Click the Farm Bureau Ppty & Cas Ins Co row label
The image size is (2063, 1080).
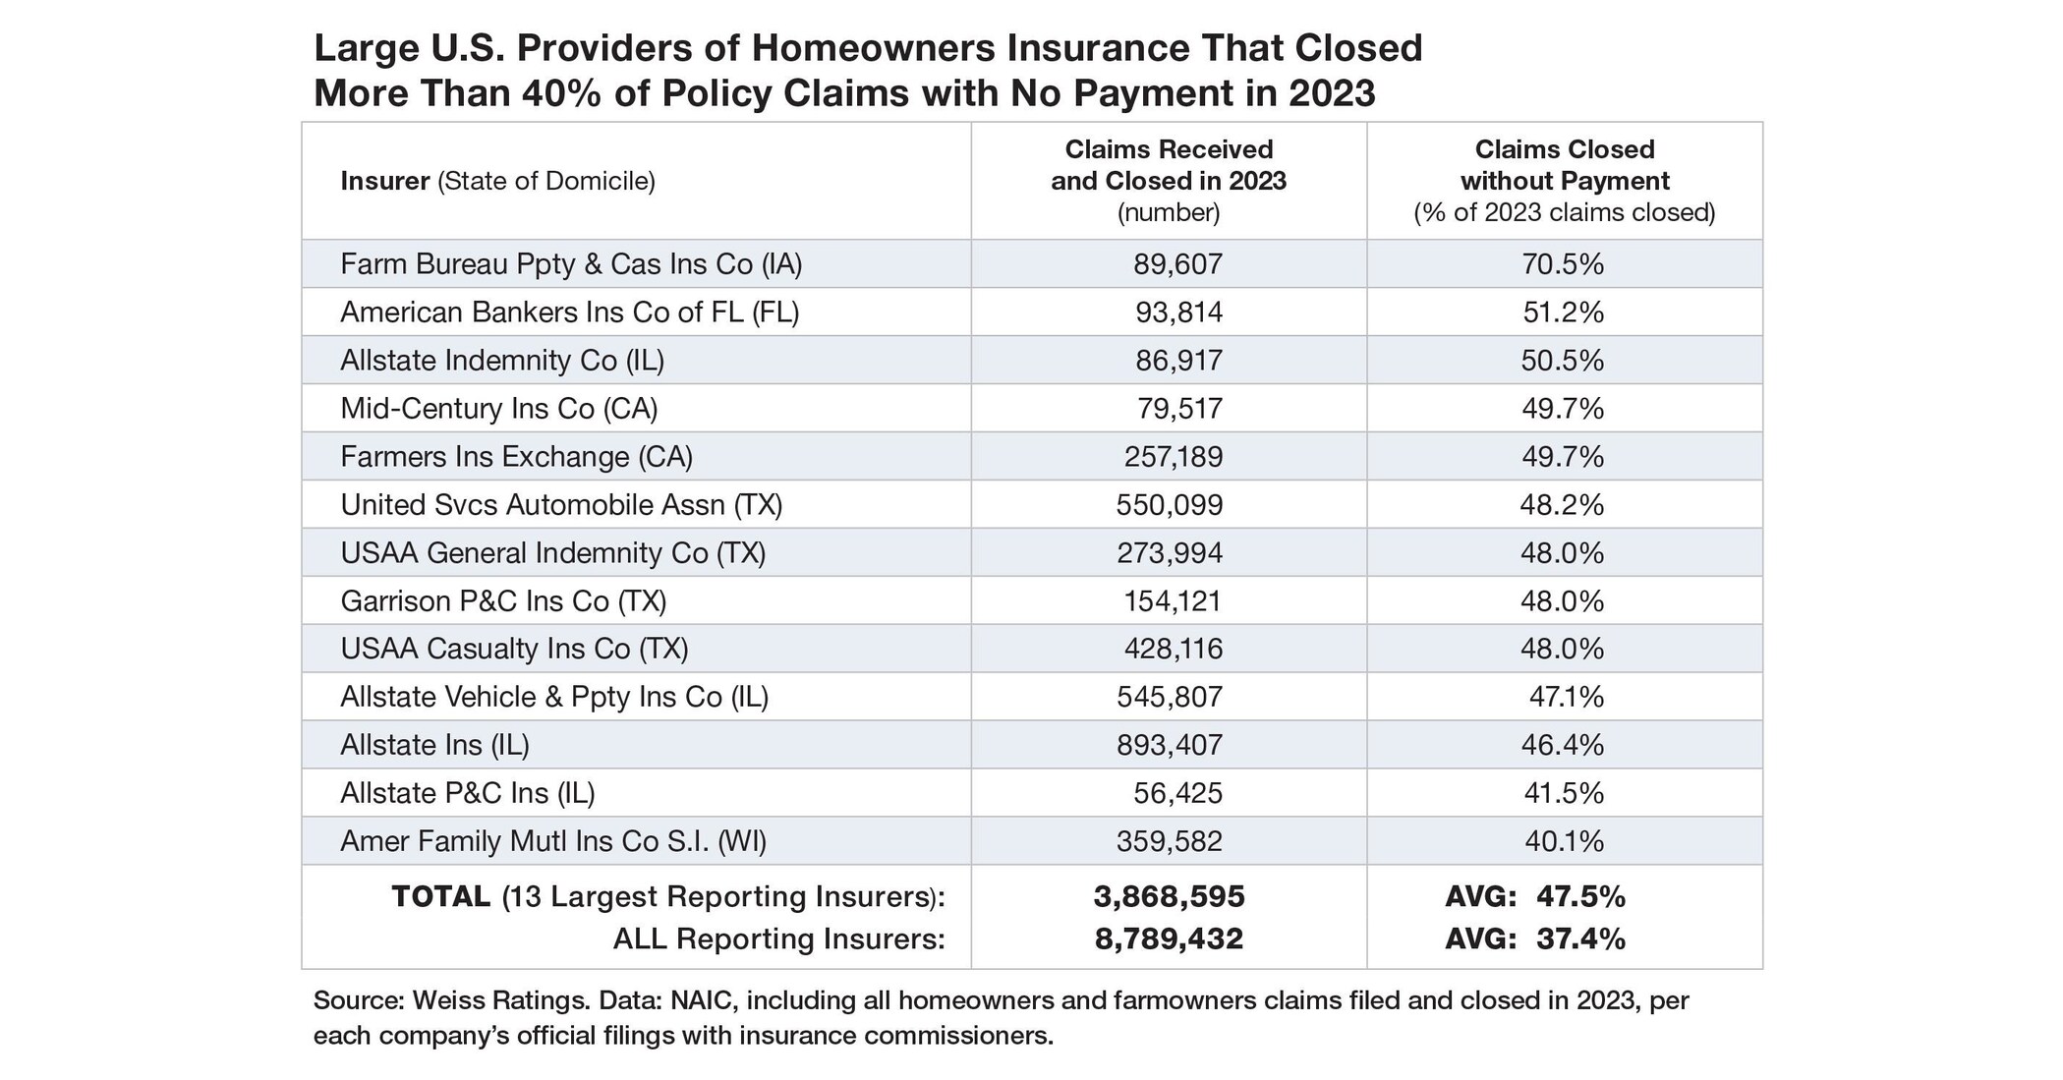pos(571,264)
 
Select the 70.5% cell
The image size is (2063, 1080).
pos(1563,264)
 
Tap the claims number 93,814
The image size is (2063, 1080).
pos(1178,313)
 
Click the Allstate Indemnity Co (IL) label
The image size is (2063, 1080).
pos(502,361)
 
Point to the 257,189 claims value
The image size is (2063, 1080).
pos(1174,457)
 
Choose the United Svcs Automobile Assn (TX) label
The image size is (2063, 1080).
pos(561,505)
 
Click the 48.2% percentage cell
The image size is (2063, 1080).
pos(1562,505)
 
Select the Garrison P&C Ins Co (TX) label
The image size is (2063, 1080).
pos(503,601)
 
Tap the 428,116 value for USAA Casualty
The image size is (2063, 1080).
pos(1174,650)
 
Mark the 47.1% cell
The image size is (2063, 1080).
pos(1566,698)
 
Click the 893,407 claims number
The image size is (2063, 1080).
pos(1170,746)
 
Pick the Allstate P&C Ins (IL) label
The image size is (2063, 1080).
pos(468,794)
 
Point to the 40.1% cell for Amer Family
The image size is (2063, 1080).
pos(1564,842)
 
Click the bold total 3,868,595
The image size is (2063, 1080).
pos(1169,897)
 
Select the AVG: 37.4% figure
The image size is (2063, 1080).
pos(1535,939)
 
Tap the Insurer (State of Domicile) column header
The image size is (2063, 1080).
pos(497,182)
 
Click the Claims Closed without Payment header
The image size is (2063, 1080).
pos(1565,165)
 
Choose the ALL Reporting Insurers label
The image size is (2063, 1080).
pos(778,939)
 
